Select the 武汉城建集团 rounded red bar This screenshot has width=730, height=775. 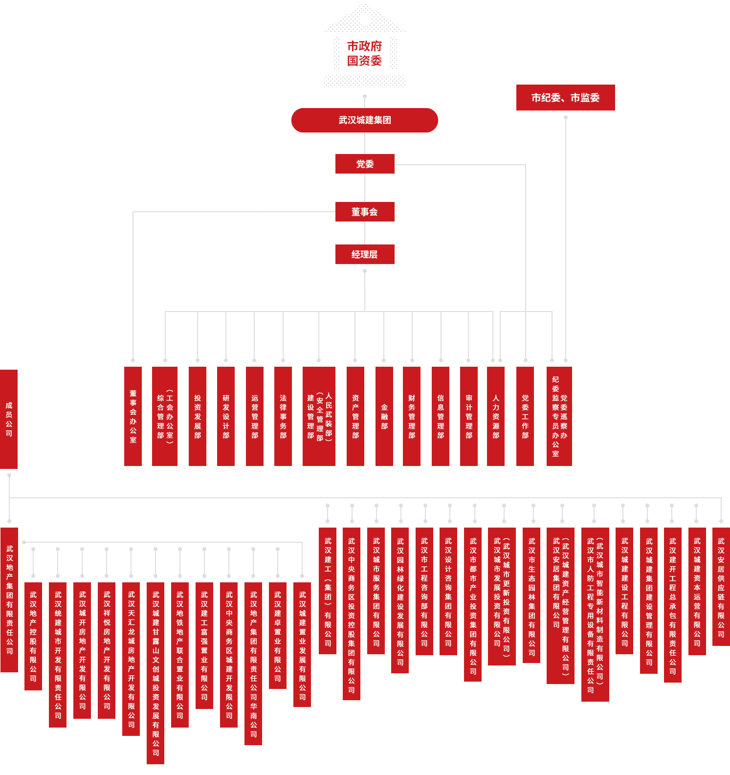click(364, 120)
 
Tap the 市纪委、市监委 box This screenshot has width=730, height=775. click(565, 98)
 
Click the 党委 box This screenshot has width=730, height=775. click(364, 164)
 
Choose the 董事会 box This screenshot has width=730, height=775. click(364, 212)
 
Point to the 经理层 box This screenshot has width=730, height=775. click(364, 254)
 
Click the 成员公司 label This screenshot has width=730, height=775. click(9, 419)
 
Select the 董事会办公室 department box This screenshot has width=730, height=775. click(133, 416)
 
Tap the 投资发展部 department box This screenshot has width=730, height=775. click(198, 416)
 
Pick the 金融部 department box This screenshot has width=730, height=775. click(384, 416)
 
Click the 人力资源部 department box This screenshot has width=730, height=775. click(496, 416)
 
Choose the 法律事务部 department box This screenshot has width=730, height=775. click(283, 416)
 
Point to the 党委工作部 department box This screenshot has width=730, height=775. click(525, 416)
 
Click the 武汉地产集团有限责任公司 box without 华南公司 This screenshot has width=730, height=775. click(9, 599)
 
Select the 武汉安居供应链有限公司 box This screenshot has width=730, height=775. click(721, 587)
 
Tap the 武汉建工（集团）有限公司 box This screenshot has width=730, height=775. click(328, 591)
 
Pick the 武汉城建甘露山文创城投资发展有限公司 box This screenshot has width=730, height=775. click(155, 673)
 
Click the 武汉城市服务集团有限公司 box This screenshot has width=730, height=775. click(376, 591)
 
